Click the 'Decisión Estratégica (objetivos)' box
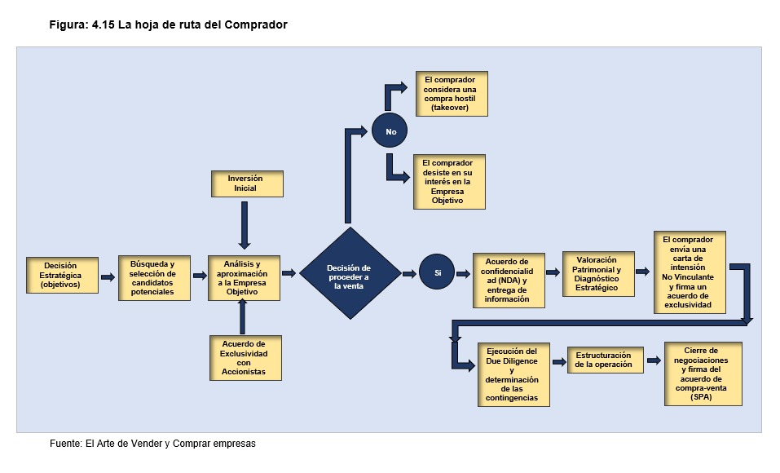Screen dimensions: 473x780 point(61,276)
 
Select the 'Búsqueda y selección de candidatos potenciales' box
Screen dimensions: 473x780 point(153,277)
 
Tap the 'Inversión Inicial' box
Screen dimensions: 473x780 point(245,183)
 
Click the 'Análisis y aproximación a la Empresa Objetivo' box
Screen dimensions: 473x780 point(243,278)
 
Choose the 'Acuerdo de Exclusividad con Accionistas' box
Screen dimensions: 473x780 point(245,358)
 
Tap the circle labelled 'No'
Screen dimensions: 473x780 point(390,130)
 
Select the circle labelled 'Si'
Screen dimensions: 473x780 point(437,272)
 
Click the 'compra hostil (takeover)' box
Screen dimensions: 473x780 point(450,94)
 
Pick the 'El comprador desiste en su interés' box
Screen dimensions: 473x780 point(449,181)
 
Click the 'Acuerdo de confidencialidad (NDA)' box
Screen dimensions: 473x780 point(507,280)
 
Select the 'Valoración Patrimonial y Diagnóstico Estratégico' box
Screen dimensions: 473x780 point(599,274)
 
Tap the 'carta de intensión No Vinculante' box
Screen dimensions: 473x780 point(689,272)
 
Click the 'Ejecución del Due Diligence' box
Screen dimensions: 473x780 point(513,374)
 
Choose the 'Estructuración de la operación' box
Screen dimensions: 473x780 point(603,360)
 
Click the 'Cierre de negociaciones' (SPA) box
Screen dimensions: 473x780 point(702,374)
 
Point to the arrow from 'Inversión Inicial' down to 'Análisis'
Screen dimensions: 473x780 point(244,224)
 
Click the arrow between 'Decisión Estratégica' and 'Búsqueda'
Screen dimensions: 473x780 point(108,277)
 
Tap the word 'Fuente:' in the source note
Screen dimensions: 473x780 point(66,444)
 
